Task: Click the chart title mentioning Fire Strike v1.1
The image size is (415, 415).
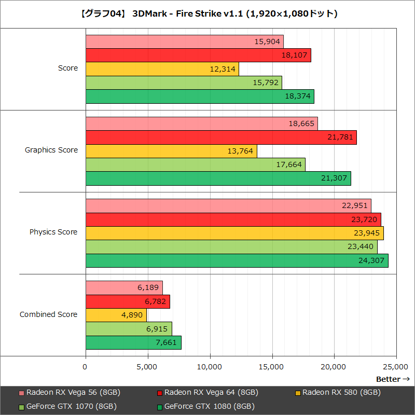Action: (208, 13)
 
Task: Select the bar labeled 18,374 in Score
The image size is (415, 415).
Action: (200, 96)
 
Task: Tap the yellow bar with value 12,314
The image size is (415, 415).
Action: (162, 69)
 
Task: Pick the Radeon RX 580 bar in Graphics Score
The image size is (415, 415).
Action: (171, 151)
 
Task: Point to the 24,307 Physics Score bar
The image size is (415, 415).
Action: (237, 260)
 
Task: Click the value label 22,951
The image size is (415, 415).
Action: (355, 206)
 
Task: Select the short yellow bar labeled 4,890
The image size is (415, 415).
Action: (116, 315)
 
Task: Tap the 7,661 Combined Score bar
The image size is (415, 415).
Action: (133, 342)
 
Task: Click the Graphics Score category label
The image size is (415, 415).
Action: (51, 150)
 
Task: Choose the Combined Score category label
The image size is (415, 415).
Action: (49, 314)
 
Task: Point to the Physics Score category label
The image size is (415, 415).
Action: (53, 232)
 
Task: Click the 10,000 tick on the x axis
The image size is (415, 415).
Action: (210, 367)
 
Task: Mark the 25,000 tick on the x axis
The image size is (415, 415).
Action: (396, 367)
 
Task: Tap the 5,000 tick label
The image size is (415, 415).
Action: (148, 367)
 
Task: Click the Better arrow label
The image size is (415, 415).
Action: (393, 379)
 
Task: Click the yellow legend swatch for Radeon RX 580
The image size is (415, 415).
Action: (298, 393)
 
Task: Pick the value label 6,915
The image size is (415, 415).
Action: (156, 329)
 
